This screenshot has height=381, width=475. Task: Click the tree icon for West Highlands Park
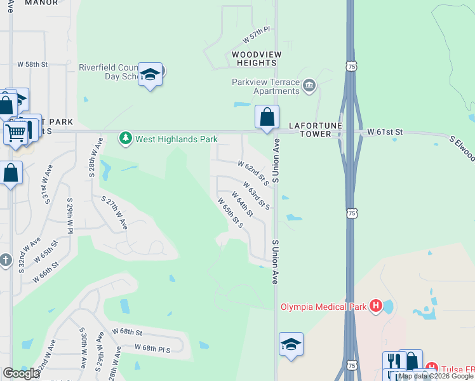[126, 138]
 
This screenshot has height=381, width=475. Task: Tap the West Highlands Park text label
[176, 139]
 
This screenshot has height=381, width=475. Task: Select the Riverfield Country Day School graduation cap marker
[150, 75]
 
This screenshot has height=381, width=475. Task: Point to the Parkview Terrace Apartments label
[266, 86]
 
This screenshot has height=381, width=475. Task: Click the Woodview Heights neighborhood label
[256, 59]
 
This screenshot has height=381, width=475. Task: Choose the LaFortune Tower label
[316, 130]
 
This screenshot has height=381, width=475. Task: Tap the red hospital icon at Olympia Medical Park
[376, 307]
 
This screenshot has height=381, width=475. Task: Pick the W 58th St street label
[33, 64]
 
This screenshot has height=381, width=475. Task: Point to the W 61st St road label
[385, 131]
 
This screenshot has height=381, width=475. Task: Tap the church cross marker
[6, 260]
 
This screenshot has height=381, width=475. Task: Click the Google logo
[21, 373]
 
